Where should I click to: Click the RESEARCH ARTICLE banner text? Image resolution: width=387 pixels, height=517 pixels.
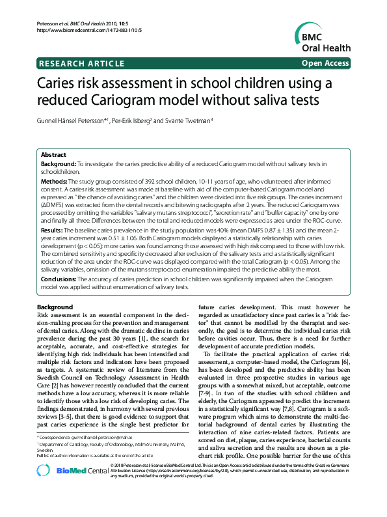click(x=81, y=63)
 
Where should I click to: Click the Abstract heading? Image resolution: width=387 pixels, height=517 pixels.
click(x=54, y=155)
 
